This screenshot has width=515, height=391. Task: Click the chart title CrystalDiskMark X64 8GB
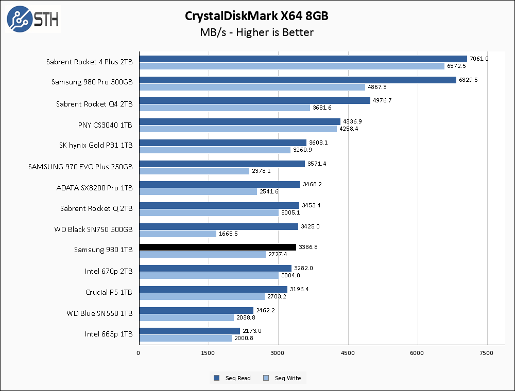(x=256, y=16)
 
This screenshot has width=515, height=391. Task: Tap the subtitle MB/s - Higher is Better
(x=256, y=32)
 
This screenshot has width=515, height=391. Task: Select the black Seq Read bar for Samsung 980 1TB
(x=217, y=247)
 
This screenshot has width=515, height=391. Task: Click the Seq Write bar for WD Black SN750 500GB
(x=177, y=234)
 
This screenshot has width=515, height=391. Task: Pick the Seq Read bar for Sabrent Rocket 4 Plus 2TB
(x=303, y=59)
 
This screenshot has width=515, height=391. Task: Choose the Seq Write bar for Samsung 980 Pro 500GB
(x=252, y=87)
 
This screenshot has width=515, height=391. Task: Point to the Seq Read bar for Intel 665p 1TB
(x=189, y=331)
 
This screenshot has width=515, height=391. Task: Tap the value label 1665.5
(x=229, y=234)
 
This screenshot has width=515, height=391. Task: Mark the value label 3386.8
(x=308, y=247)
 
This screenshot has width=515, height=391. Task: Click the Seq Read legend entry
(x=233, y=378)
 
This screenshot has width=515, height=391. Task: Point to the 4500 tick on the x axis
(x=348, y=353)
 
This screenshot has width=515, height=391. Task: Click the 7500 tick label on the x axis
(x=486, y=353)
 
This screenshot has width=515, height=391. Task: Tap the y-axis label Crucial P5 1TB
(x=109, y=292)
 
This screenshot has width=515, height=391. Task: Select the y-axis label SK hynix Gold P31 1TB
(x=96, y=145)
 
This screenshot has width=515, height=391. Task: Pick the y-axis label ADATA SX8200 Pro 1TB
(x=94, y=187)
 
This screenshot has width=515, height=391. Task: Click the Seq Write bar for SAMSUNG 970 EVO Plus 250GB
(x=194, y=171)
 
